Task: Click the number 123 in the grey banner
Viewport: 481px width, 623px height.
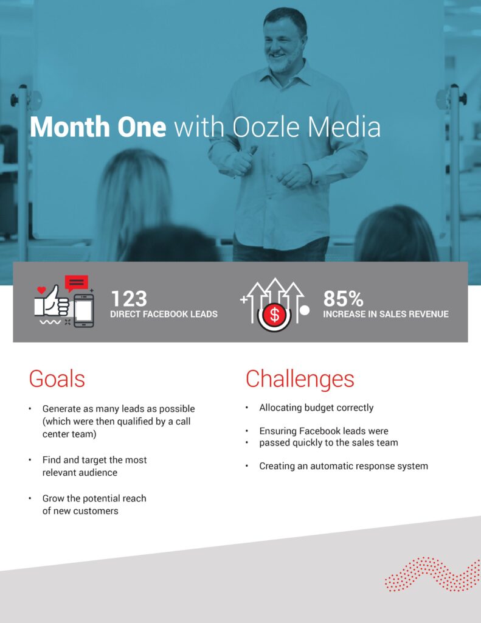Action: tap(129, 298)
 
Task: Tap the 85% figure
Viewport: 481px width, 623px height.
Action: tap(343, 298)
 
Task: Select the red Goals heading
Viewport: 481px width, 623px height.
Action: tap(57, 378)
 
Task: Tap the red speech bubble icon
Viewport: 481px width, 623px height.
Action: tap(76, 284)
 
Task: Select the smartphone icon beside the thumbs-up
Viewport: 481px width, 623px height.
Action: tap(84, 311)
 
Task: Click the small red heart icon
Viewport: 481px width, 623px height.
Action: tap(41, 290)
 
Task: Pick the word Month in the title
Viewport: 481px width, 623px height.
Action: tap(69, 127)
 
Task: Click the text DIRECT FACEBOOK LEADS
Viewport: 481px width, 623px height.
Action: tap(164, 314)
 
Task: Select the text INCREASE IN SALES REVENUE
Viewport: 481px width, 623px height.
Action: tap(386, 314)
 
